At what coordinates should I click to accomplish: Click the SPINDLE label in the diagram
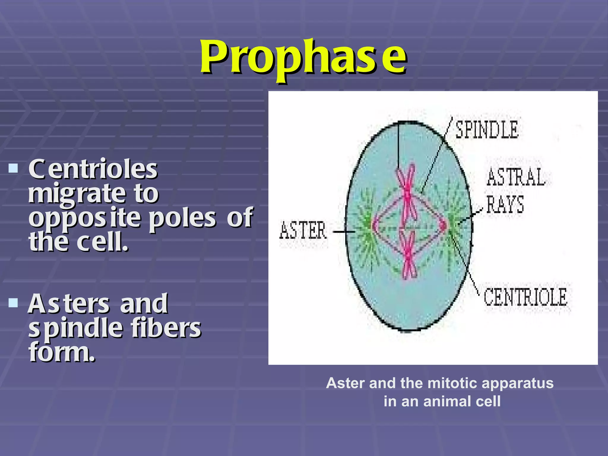pos(487,130)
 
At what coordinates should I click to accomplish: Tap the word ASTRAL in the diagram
pos(516,177)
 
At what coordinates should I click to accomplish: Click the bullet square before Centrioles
pos(13,169)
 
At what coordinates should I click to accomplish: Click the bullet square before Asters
pos(13,303)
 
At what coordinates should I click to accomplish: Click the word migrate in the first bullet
pos(77,194)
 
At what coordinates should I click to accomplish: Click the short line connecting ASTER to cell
pos(344,232)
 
